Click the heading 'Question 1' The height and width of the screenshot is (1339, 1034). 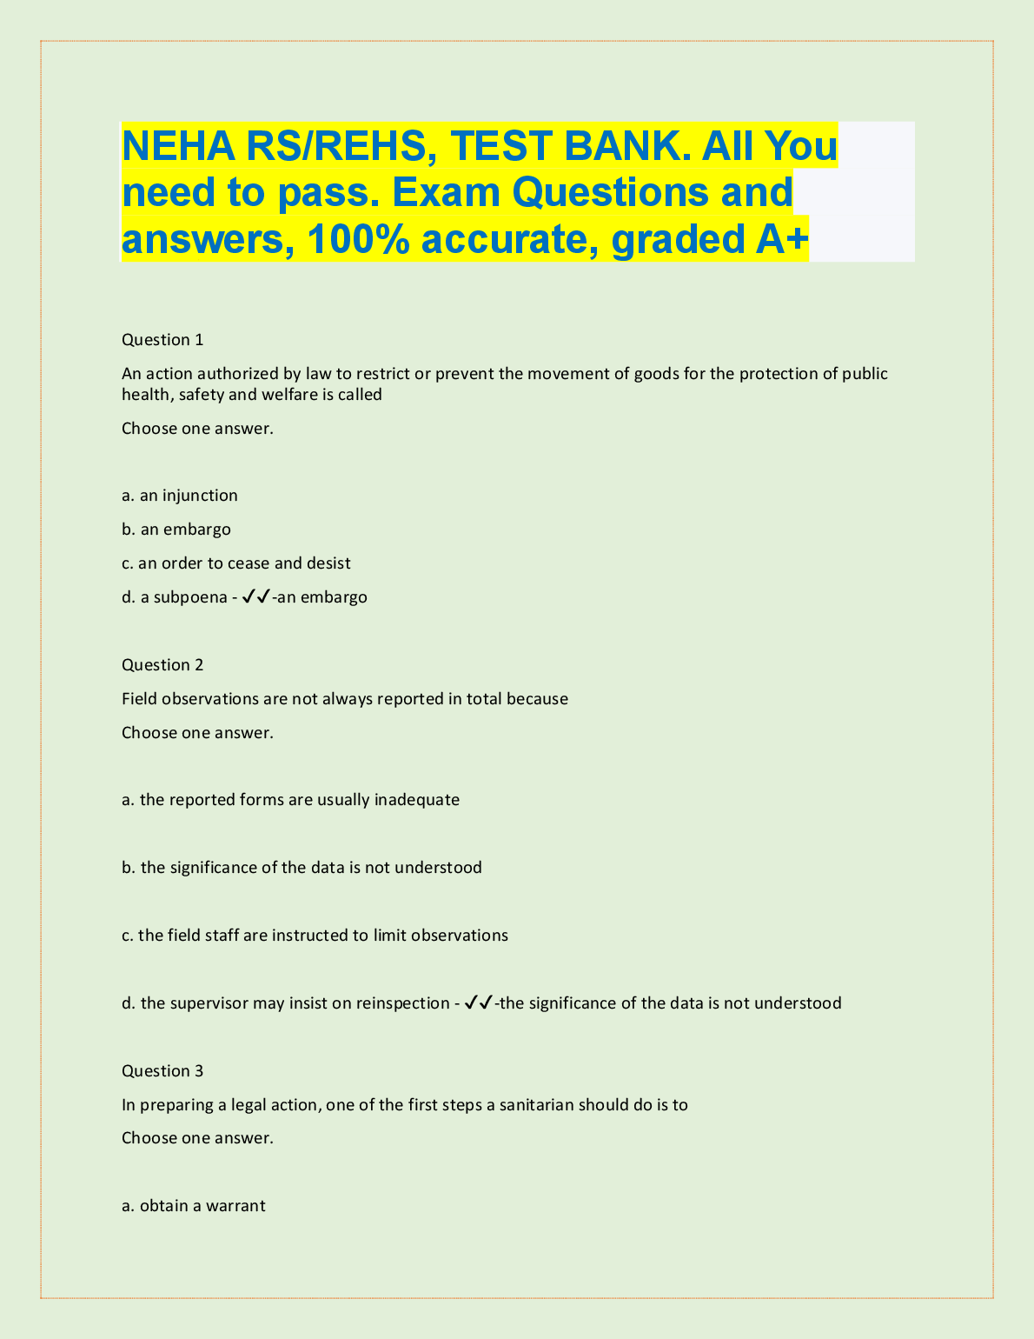pos(162,340)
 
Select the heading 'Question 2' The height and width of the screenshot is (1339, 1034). pos(162,665)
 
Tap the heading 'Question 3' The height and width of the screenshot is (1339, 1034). pos(162,1071)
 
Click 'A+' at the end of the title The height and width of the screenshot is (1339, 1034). pos(780,240)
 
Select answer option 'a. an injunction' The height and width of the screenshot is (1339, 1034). pos(180,496)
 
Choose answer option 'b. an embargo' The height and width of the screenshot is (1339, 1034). pos(176,530)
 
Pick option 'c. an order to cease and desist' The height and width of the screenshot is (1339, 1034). pos(236,563)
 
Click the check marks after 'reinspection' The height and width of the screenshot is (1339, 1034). pos(478,1003)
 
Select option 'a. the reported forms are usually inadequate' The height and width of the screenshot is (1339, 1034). pos(290,800)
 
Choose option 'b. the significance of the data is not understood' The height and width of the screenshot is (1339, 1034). pos(302,868)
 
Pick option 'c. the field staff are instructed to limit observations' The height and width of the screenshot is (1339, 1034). pos(315,936)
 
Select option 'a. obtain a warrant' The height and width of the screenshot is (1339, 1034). pos(194,1206)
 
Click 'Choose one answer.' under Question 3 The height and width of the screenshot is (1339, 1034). pos(197,1138)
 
